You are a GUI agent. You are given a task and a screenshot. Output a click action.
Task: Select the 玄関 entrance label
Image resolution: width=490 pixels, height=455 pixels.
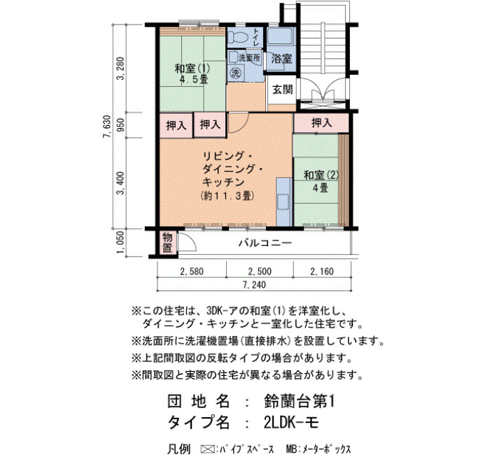[283, 90]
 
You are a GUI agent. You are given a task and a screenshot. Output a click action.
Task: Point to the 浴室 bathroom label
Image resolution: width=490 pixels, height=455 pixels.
[281, 58]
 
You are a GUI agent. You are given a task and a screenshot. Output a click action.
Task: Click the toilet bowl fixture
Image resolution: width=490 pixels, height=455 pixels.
[238, 38]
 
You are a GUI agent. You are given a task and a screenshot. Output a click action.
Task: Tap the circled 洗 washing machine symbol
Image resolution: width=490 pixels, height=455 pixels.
[235, 73]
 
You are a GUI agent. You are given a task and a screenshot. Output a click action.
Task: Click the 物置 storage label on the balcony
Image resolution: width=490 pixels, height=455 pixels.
[167, 242]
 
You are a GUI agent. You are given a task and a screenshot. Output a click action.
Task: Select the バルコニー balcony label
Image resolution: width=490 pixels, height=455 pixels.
[265, 243]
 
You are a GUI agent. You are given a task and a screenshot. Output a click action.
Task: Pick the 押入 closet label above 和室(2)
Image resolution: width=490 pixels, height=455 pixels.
[321, 122]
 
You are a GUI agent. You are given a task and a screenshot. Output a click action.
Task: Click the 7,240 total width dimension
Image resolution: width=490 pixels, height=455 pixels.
[254, 285]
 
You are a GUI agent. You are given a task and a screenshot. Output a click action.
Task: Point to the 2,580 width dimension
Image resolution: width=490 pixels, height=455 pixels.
[192, 272]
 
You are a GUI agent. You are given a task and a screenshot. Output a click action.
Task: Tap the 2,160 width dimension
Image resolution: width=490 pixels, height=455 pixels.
[322, 272]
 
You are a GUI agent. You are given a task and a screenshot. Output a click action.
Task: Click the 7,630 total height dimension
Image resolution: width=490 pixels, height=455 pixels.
[108, 126]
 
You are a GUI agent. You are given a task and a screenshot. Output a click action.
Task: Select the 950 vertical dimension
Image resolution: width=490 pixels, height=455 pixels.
[120, 125]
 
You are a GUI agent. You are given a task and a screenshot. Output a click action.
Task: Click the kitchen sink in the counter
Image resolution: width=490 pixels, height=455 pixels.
[283, 200]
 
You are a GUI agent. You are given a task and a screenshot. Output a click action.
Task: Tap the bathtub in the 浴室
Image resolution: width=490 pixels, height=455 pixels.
[281, 36]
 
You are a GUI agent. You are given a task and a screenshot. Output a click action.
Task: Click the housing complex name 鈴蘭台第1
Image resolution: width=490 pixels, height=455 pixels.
[299, 402]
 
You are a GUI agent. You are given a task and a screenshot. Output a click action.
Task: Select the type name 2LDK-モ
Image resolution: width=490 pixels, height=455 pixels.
[291, 423]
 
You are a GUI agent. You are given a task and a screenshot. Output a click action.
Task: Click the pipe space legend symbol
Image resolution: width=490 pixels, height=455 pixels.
[206, 449]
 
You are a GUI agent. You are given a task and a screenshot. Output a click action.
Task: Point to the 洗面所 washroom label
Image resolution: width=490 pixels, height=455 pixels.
[249, 57]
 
